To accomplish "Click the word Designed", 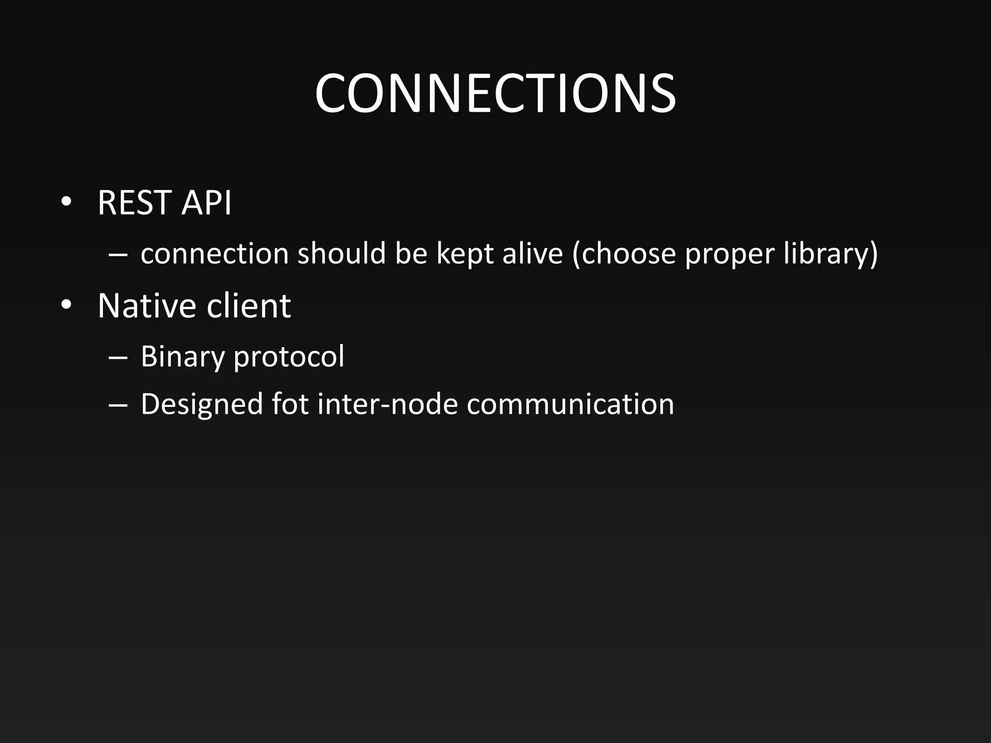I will [x=202, y=404].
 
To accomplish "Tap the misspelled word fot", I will [x=290, y=404].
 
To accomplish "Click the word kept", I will [x=465, y=254].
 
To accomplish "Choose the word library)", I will [x=830, y=254].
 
